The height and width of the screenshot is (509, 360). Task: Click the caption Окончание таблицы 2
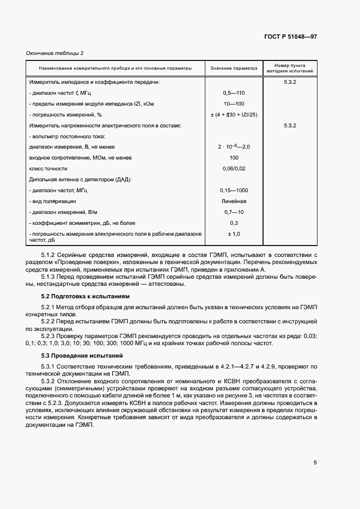coord(54,53)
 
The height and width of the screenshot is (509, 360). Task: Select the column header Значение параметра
coord(234,69)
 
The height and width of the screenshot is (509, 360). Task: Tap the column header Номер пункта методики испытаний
coord(289,68)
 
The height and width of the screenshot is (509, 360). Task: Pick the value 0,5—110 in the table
coord(234,93)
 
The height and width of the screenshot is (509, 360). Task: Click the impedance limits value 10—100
coord(234,103)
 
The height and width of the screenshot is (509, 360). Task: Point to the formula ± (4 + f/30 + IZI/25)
coord(234,114)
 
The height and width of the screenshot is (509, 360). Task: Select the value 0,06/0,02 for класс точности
coord(234,169)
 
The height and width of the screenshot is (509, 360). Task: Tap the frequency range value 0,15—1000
coord(234,190)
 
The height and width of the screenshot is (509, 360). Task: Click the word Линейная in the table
coord(234,201)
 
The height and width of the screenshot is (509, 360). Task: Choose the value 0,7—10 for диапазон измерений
coord(234,212)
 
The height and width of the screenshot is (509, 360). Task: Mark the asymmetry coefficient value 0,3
coord(234,223)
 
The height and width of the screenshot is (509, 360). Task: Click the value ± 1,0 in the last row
coord(234,234)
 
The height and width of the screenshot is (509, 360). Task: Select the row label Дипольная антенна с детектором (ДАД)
coord(80,179)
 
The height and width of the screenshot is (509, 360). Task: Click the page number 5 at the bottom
coord(315,463)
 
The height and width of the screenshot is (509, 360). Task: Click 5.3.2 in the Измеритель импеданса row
coord(289,82)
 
